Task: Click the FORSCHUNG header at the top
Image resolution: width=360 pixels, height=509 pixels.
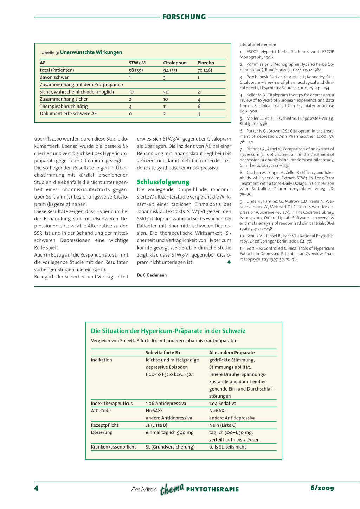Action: tap(184, 17)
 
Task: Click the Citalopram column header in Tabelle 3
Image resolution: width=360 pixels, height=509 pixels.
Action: tap(175, 63)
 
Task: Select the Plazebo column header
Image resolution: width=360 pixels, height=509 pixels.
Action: tap(206, 63)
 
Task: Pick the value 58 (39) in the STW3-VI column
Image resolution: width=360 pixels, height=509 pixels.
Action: tap(136, 70)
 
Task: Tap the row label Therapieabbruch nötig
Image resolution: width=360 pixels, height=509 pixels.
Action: tap(64, 107)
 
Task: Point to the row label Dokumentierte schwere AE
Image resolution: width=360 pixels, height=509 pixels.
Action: tap(68, 114)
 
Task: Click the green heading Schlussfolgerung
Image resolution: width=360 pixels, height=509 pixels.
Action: tap(163, 182)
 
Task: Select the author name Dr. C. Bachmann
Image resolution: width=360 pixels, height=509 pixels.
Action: tap(152, 275)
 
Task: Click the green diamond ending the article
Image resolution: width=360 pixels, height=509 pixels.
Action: tap(229, 262)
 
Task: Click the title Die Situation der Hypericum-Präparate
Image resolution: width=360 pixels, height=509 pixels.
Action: tap(168, 331)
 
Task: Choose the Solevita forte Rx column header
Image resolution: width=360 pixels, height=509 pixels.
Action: tap(163, 353)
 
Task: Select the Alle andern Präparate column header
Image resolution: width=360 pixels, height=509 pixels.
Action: tap(232, 353)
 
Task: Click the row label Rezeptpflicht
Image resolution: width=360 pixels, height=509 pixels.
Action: tap(105, 425)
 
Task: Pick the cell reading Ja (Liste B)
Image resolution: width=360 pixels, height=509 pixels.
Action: tap(156, 425)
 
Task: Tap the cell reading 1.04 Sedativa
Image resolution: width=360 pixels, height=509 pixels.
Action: tap(223, 404)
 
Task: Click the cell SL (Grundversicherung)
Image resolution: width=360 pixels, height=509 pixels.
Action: tap(170, 447)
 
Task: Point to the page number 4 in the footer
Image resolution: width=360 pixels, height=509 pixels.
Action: tap(36, 488)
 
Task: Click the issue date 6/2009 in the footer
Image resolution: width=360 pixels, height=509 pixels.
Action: tap(322, 488)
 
